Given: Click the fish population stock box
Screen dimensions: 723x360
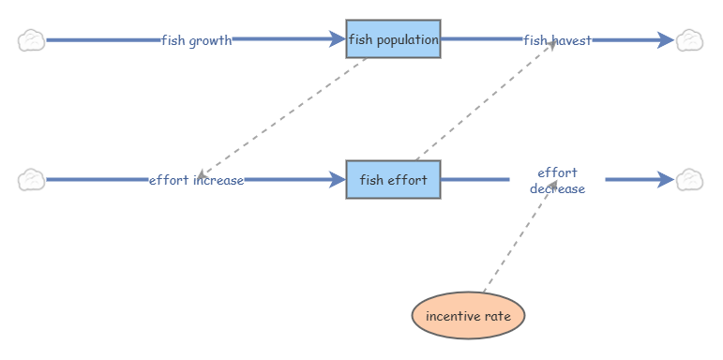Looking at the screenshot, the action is (393, 39).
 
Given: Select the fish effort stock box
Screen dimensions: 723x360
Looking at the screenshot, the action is (393, 180).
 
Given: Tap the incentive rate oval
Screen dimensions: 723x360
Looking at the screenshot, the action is (468, 316).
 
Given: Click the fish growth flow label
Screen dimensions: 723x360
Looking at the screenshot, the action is (196, 40).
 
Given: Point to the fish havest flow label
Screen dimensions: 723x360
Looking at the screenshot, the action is (557, 40).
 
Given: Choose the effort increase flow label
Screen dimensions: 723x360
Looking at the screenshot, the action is (196, 180).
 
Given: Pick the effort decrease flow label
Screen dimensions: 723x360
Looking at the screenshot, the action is (557, 181).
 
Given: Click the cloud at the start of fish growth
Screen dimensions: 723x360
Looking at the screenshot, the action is (31, 40).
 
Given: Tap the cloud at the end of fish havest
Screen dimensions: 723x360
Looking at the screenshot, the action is (690, 40).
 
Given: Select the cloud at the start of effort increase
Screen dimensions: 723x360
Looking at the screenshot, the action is (31, 180).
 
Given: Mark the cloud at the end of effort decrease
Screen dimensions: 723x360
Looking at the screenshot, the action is (690, 180).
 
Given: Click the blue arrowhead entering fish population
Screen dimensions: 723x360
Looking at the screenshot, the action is (338, 39).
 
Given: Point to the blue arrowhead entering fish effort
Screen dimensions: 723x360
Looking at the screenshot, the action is (338, 180).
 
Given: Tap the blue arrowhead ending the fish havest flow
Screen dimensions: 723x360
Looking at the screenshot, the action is (667, 40).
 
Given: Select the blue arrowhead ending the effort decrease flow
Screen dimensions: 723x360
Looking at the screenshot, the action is (667, 180).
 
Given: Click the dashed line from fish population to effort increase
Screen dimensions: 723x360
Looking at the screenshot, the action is (281, 118).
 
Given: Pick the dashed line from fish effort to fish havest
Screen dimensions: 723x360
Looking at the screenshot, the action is (486, 100).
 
